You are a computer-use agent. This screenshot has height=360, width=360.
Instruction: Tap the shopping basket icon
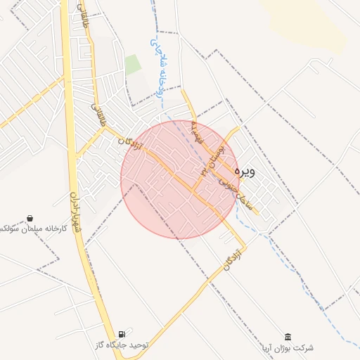[x=30, y=219]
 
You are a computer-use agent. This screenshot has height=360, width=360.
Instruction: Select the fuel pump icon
[x=123, y=334]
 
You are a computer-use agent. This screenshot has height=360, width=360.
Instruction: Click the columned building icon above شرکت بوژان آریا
[x=287, y=337]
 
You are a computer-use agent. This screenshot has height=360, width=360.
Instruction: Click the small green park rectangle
[x=133, y=65]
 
